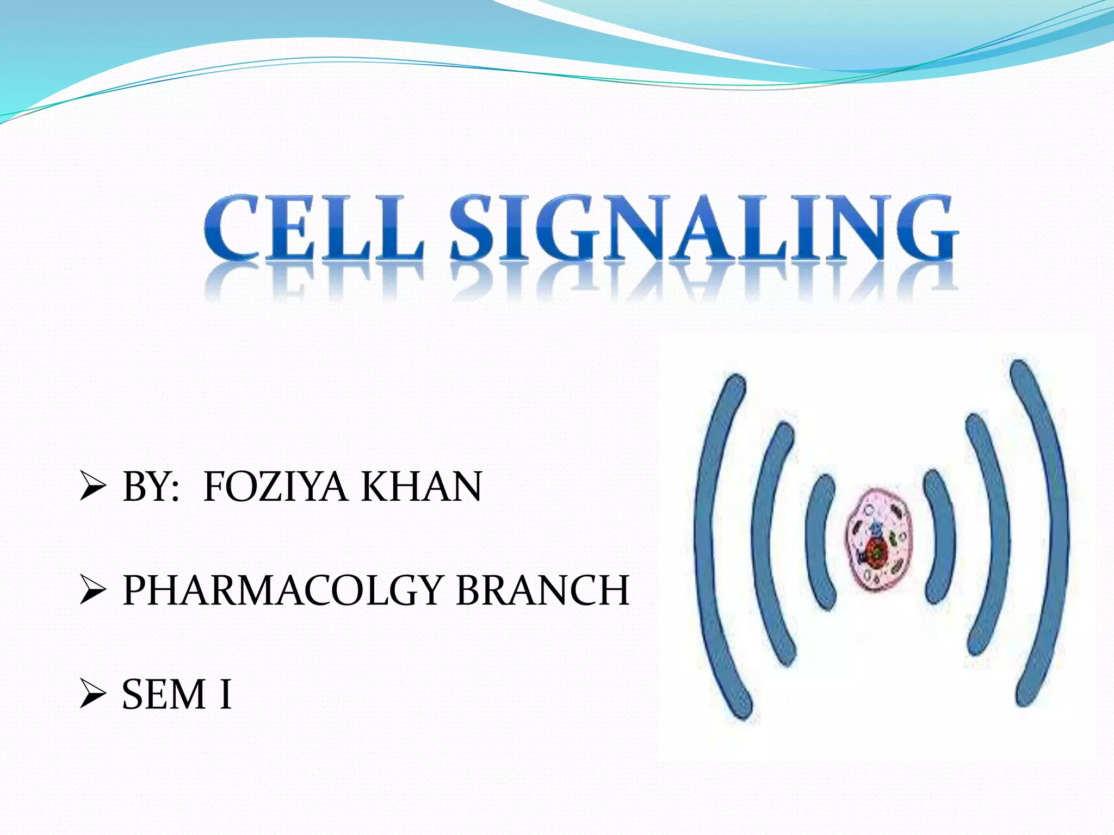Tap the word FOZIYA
pyautogui.click(x=275, y=487)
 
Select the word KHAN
pyautogui.click(x=422, y=487)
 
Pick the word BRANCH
pyautogui.click(x=542, y=591)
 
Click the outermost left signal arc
pyautogui.click(x=710, y=544)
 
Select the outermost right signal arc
pyautogui.click(x=1047, y=533)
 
